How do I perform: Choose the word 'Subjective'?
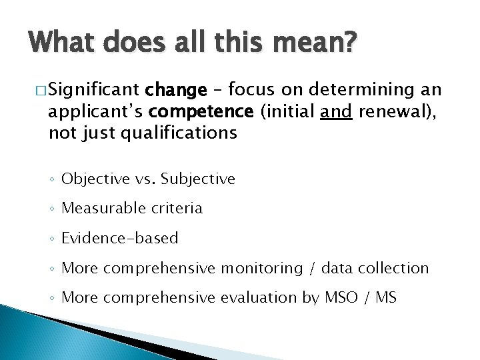[198, 179]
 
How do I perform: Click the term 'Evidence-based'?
[119, 238]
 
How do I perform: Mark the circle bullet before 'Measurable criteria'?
[53, 209]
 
